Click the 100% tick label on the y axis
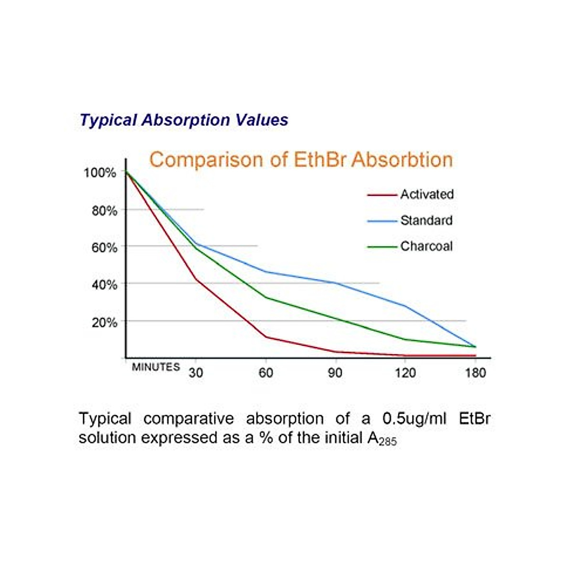click(100, 173)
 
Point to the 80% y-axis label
click(104, 211)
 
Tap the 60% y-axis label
click(104, 247)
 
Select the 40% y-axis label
click(104, 285)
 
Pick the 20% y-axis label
click(104, 322)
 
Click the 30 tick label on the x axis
click(196, 373)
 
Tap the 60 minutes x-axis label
click(265, 373)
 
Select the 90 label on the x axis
click(335, 373)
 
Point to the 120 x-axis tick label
click(405, 373)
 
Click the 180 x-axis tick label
click(475, 373)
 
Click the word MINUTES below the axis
click(156, 367)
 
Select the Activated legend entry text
click(427, 194)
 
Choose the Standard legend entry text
click(426, 221)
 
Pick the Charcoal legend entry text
click(426, 246)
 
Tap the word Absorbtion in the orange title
click(402, 159)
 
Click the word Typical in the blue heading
click(108, 120)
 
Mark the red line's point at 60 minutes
click(265, 337)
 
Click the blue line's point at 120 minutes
click(405, 306)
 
